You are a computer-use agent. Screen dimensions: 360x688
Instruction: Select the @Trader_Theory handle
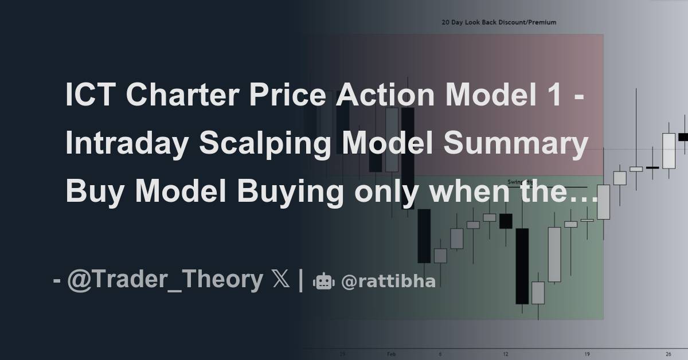(165, 280)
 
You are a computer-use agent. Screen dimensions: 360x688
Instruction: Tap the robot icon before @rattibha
(323, 281)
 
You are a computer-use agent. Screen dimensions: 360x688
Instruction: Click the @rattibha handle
(388, 281)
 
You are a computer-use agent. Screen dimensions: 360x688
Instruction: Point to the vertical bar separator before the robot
(301, 280)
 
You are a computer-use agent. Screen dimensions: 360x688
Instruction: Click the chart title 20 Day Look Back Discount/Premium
(498, 22)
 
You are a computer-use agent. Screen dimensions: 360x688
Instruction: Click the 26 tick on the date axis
(669, 354)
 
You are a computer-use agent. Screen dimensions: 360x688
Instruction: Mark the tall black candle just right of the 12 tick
(522, 265)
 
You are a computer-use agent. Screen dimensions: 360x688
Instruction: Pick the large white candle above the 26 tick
(669, 151)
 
